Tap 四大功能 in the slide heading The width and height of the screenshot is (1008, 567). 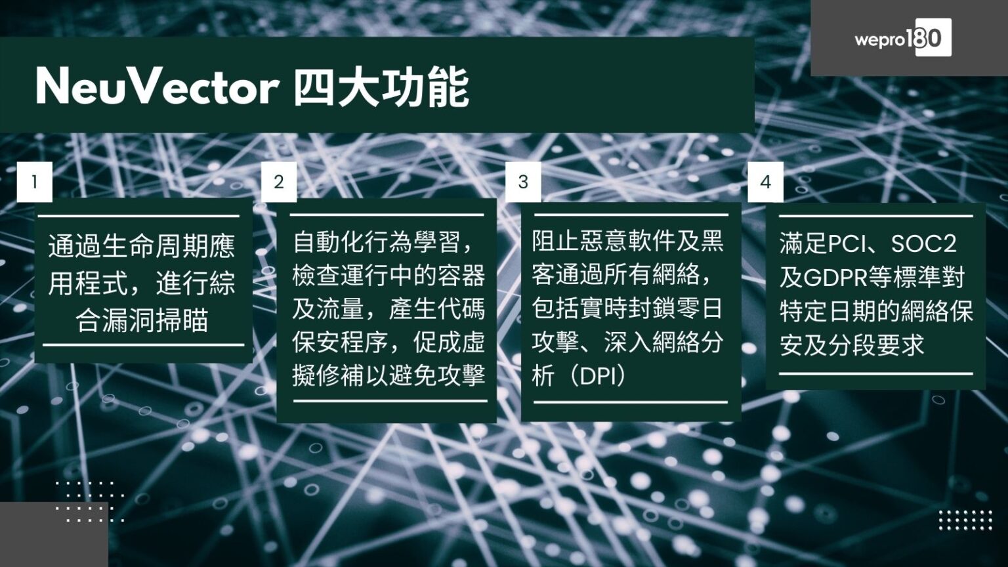coord(381,87)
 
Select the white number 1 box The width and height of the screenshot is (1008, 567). coord(34,180)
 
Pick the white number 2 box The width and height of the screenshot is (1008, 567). coord(279,182)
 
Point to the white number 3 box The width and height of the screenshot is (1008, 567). coord(523,182)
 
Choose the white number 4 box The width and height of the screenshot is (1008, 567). coord(765,182)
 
